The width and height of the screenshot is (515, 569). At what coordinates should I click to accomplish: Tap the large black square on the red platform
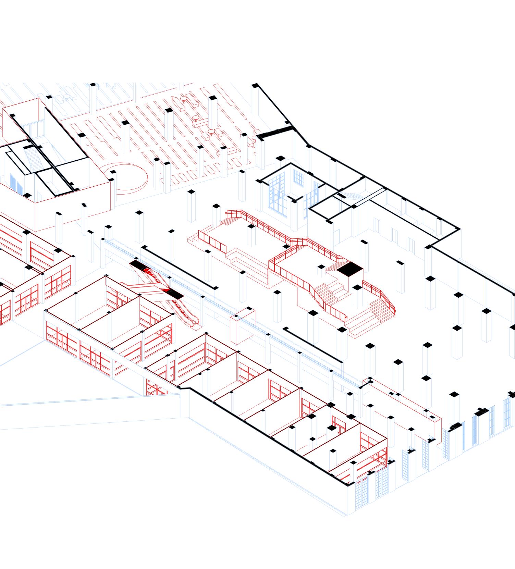(350, 269)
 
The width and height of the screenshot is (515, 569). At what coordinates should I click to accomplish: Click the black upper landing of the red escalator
(137, 264)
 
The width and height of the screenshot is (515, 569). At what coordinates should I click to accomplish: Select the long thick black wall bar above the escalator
(180, 267)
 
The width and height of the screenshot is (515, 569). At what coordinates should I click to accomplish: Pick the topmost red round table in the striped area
(184, 98)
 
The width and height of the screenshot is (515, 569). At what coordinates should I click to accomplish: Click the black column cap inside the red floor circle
(113, 172)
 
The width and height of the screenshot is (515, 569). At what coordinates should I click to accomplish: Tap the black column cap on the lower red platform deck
(321, 267)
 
